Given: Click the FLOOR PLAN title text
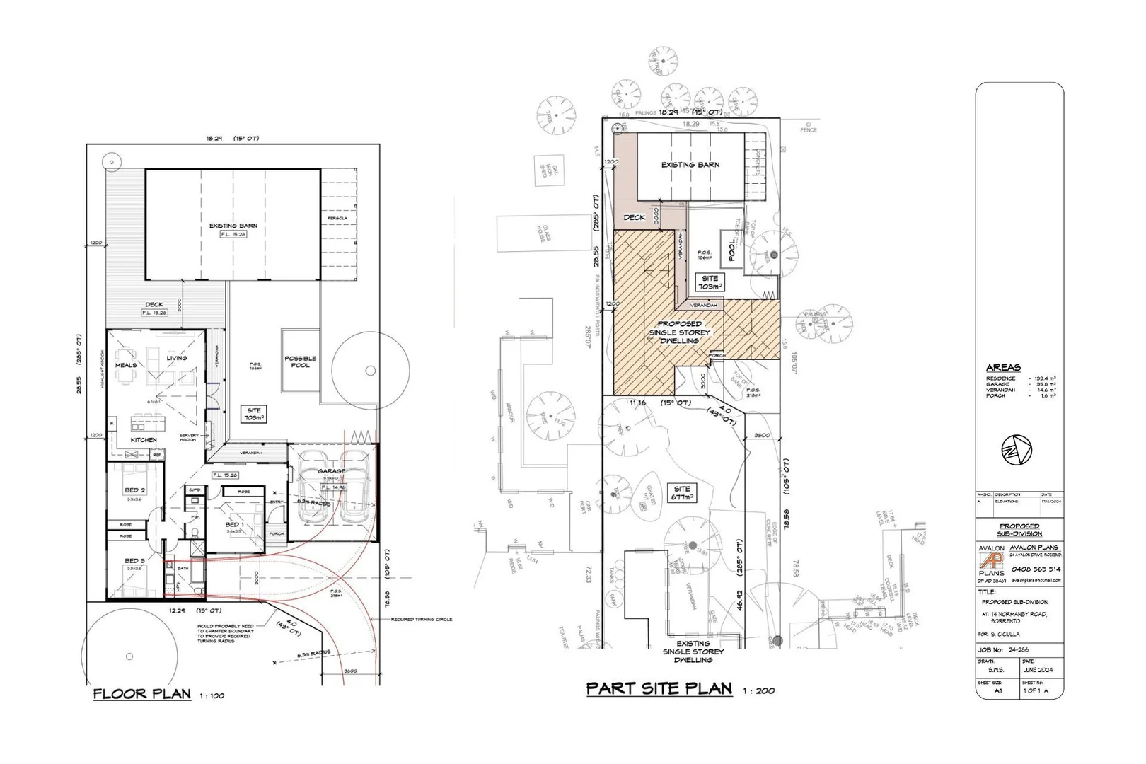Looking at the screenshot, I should tap(142, 694).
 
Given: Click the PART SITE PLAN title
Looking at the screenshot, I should tap(659, 688).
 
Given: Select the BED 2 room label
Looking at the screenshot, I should tap(134, 490).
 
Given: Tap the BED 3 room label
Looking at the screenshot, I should tap(134, 561).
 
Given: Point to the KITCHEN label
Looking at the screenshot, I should tap(144, 440).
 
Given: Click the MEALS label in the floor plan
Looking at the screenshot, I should tap(126, 365).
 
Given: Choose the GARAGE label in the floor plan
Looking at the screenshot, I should tap(332, 471).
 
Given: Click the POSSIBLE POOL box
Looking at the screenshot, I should tap(300, 361).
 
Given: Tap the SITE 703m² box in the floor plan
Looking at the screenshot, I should tap(254, 415).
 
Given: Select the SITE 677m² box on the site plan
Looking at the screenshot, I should tap(682, 493).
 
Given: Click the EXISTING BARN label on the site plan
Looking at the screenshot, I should tap(690, 165).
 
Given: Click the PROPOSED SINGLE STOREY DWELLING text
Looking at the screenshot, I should tap(679, 332).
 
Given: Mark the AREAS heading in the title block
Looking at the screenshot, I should tap(1003, 368).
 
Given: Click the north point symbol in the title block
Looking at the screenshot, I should tap(1017, 450).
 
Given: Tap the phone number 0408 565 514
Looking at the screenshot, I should tap(1036, 569).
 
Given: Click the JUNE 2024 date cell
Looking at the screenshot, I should tap(1038, 669).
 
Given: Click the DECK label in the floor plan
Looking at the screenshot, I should tap(154, 305).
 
